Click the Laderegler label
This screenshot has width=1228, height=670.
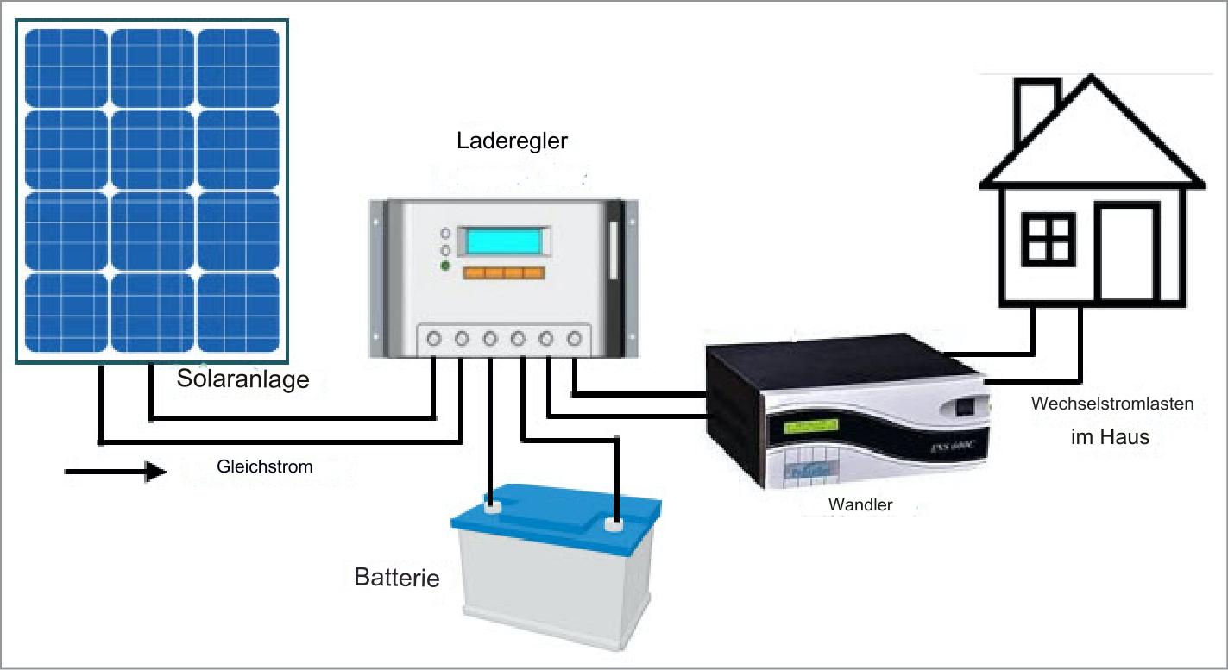click(x=512, y=141)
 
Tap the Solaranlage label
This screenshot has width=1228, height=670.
click(x=242, y=379)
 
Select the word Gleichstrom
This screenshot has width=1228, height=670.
click(x=265, y=466)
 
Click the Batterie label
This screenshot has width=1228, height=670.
click(x=397, y=578)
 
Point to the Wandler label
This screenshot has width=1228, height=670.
click(x=860, y=504)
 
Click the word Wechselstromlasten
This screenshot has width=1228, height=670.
click(x=1112, y=404)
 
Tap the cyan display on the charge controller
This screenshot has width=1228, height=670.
click(x=504, y=241)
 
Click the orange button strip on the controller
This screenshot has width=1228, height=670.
click(x=504, y=272)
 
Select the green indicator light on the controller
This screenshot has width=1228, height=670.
click(x=445, y=266)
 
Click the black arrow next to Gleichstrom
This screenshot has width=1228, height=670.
click(x=115, y=471)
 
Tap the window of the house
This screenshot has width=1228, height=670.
click(x=1049, y=240)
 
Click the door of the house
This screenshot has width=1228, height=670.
click(x=1127, y=251)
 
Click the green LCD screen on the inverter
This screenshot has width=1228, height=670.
click(x=810, y=426)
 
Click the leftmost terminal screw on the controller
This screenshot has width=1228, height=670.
click(x=433, y=339)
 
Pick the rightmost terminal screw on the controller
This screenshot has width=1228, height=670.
click(x=574, y=339)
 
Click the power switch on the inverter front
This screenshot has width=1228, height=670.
click(x=964, y=406)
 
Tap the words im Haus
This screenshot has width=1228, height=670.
click(x=1110, y=437)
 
